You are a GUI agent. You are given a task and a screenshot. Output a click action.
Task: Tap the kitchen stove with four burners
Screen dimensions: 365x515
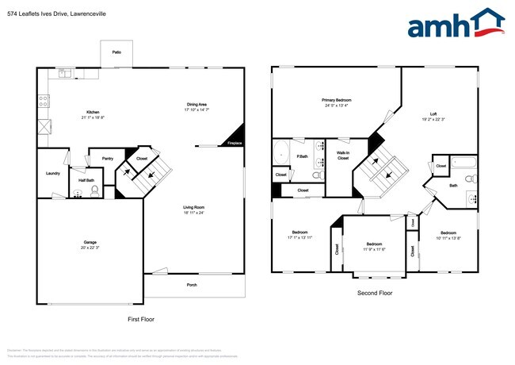coord(44,101)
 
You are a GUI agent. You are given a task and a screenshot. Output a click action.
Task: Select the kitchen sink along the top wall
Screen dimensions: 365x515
coord(65,74)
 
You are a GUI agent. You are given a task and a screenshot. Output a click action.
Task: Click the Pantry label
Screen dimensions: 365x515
coord(108,159)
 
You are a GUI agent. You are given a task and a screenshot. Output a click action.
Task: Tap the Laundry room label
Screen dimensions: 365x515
coord(53,173)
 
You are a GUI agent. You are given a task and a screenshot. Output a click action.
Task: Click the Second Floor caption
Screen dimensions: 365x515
coord(375,293)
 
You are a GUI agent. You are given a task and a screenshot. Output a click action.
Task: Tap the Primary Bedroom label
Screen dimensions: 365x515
coord(336,100)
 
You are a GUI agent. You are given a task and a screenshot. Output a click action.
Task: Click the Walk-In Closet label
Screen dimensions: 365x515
coord(343,155)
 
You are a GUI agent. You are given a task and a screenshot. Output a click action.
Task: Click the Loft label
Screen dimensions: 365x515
coord(433,113)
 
